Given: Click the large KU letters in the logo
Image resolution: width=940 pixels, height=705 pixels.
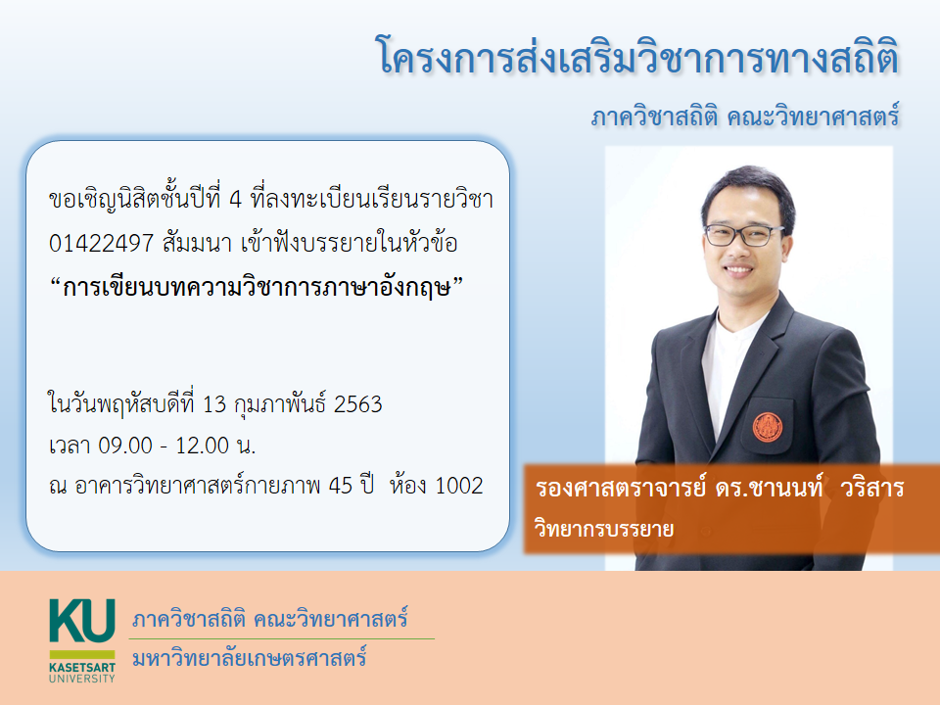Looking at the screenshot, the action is coord(82,621).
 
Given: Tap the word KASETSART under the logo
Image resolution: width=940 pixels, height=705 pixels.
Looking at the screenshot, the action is coord(82,667).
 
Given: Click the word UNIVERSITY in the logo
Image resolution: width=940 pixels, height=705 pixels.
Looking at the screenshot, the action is coord(82,679).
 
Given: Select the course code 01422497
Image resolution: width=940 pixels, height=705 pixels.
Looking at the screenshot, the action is coord(101,243).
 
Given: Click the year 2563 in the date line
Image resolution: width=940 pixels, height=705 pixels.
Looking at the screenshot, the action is coord(358,404).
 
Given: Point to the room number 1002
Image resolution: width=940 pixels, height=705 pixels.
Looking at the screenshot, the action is coord(458,486).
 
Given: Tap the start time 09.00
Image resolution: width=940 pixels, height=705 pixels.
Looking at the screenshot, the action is coord(125,446).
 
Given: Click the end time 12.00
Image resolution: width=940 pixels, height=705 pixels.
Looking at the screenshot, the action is coord(202,446).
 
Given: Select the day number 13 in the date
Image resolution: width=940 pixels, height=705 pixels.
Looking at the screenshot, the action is coord(214,404).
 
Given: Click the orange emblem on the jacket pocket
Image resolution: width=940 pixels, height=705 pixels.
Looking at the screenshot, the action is coord(768,427).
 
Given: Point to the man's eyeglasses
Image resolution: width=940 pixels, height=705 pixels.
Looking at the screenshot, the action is coord(742,234).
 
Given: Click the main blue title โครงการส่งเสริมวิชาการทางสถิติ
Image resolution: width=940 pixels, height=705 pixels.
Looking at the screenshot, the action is coord(638,57).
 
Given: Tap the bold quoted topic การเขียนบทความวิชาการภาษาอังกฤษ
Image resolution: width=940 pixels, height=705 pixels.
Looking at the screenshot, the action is coord(257,287).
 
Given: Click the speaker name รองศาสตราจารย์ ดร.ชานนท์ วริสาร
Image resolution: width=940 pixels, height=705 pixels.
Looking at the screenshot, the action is coord(720,489).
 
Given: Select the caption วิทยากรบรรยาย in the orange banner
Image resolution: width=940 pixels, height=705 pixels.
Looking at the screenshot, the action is coord(604,530).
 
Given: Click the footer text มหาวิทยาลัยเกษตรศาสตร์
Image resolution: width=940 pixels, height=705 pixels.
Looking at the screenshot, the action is coord(249,658).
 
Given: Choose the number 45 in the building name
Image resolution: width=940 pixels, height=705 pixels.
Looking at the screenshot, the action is coord(341,486).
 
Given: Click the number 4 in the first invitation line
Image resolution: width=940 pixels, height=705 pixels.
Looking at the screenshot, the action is coord(236,200).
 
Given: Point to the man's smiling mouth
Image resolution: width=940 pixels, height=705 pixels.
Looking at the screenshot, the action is coord(738,270).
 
